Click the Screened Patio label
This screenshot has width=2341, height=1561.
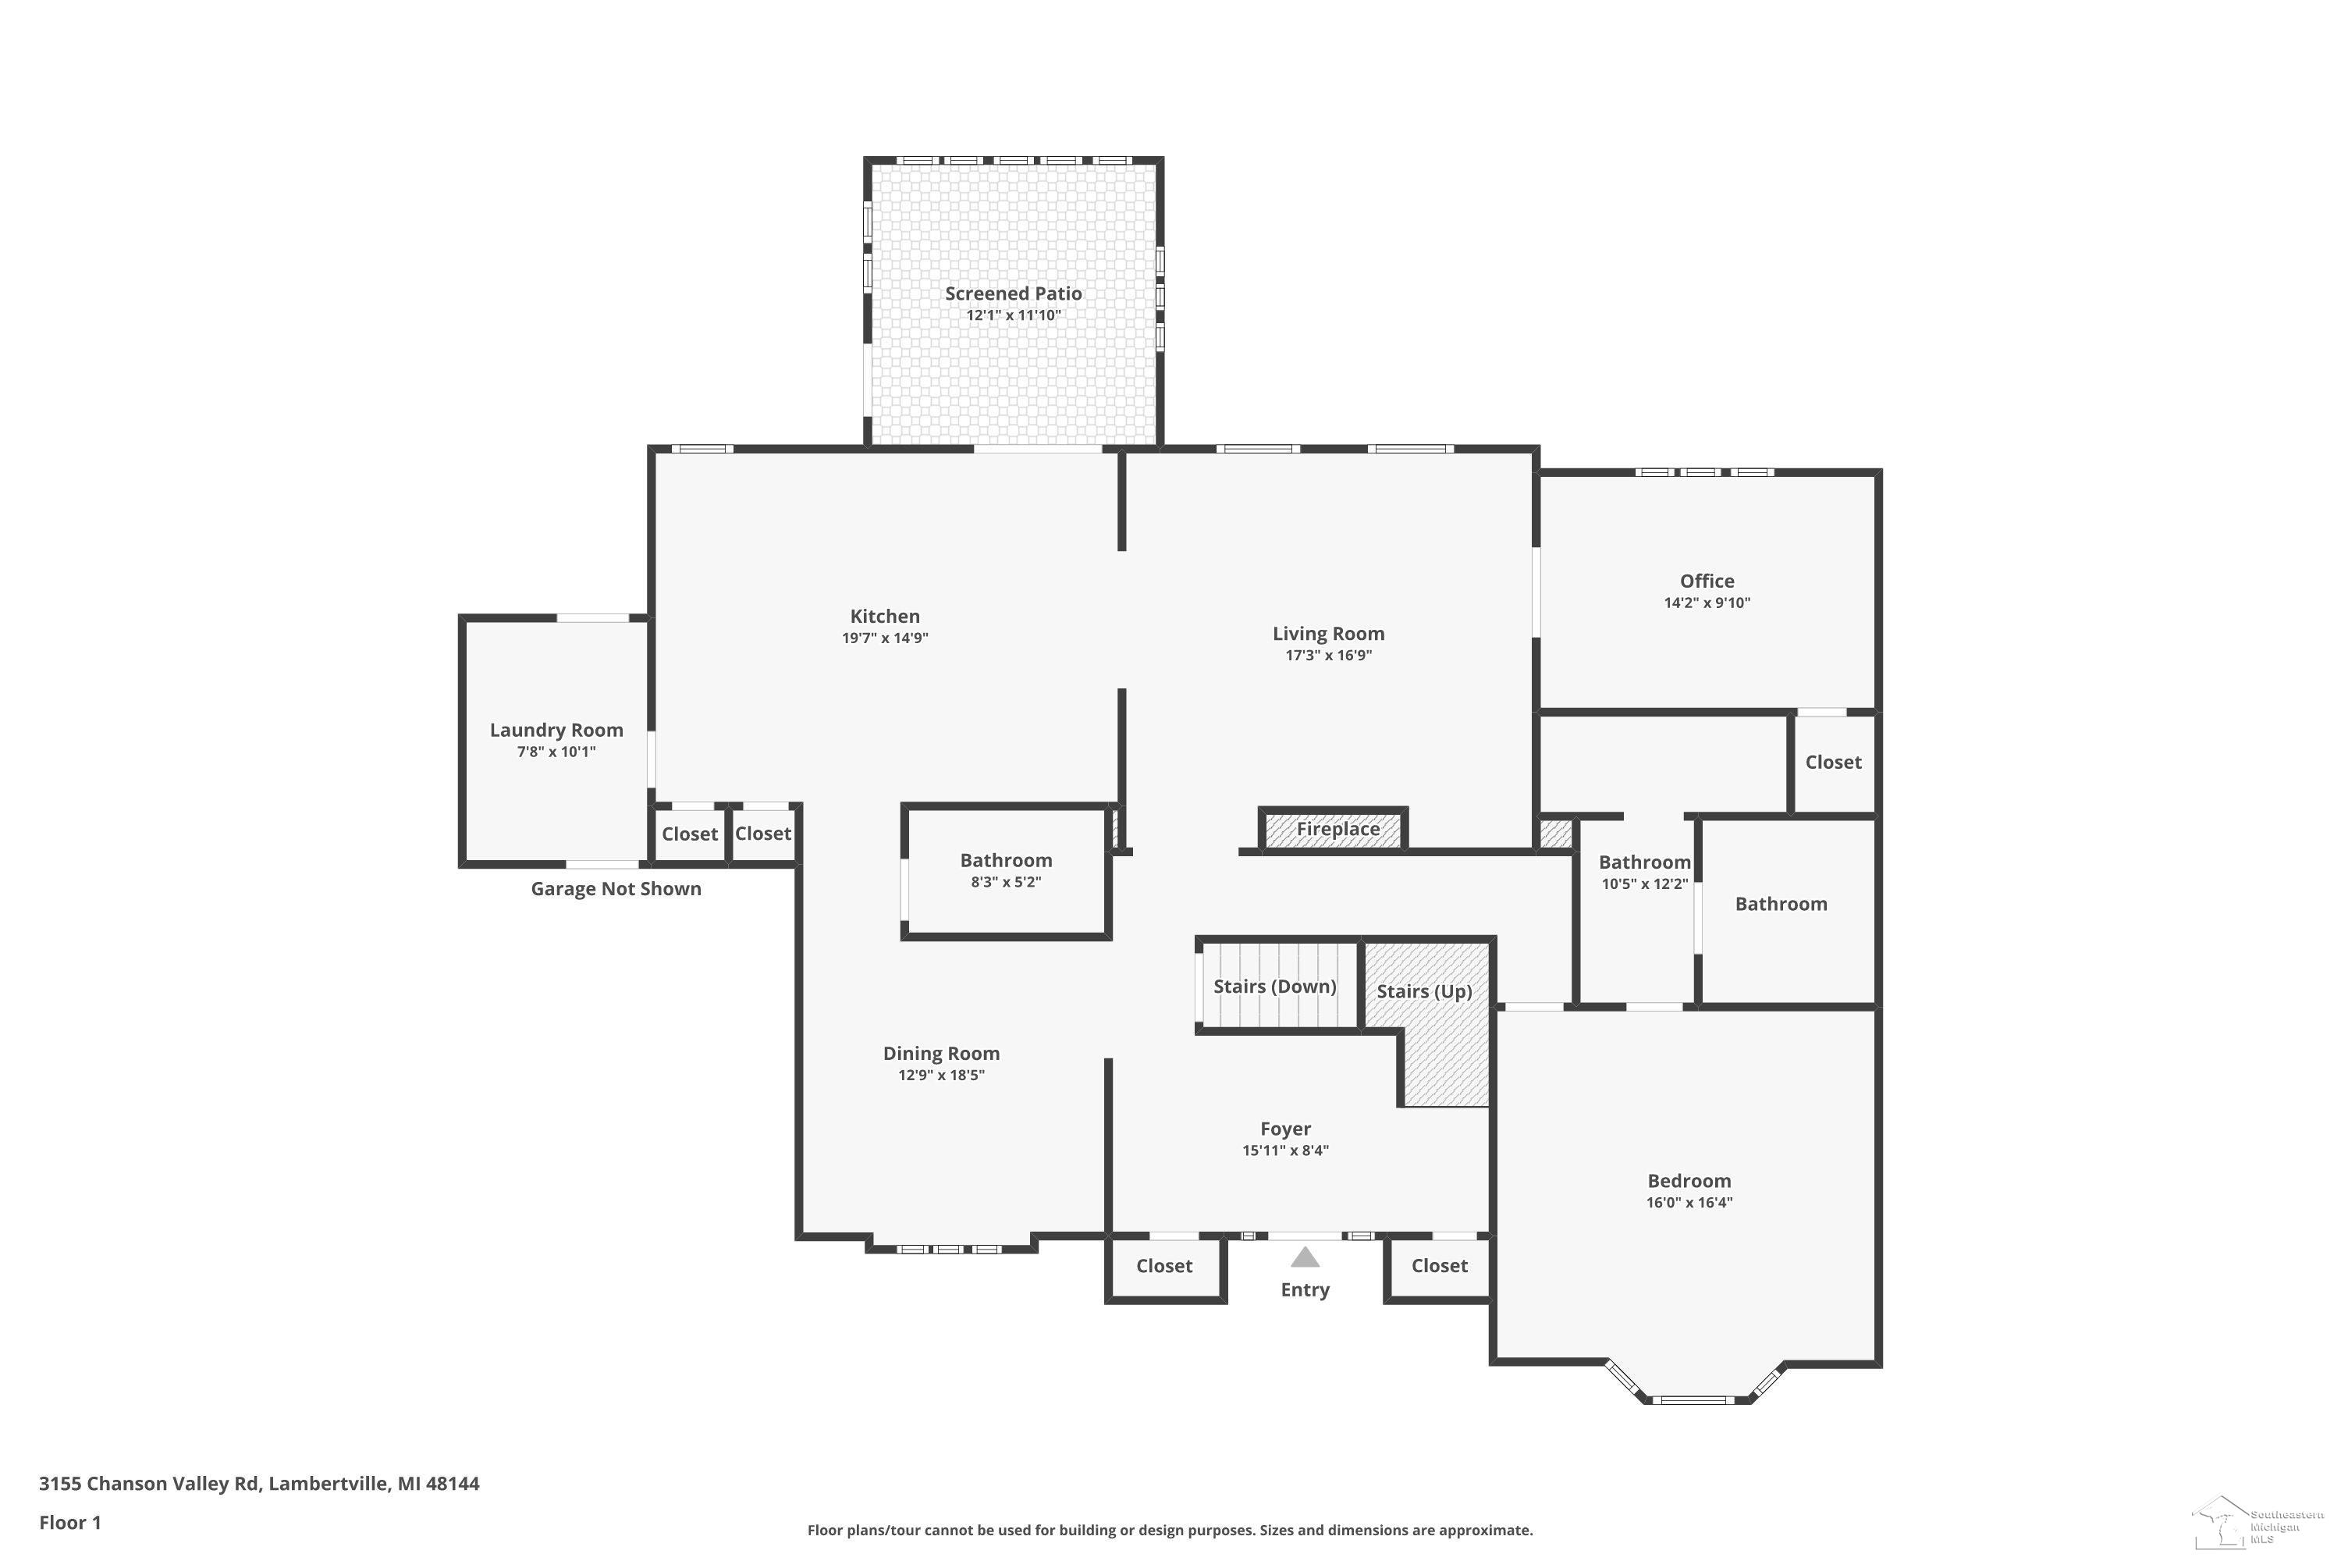click(x=1013, y=293)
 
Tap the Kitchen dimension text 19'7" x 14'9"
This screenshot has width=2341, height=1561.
click(x=885, y=638)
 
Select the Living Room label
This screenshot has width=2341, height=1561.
click(x=1329, y=633)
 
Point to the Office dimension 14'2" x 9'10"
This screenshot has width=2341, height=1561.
click(x=1707, y=603)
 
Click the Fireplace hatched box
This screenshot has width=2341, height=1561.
click(x=1334, y=829)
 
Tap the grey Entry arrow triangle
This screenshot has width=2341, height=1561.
click(x=1305, y=1257)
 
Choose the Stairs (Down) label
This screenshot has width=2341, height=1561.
click(x=1275, y=987)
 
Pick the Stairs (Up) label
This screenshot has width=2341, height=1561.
click(x=1424, y=991)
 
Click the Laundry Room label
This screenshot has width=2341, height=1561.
click(x=556, y=730)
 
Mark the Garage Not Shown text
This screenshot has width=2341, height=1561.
click(x=616, y=889)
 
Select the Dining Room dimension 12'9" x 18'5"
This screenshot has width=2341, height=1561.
click(x=942, y=1076)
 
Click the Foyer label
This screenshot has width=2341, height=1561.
click(x=1286, y=1129)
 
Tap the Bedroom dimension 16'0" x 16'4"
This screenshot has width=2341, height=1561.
click(x=1689, y=1203)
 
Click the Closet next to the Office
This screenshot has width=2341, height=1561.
click(x=1833, y=762)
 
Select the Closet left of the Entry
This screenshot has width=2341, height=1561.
click(x=1164, y=1265)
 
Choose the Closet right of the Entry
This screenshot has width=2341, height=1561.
click(x=1439, y=1265)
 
